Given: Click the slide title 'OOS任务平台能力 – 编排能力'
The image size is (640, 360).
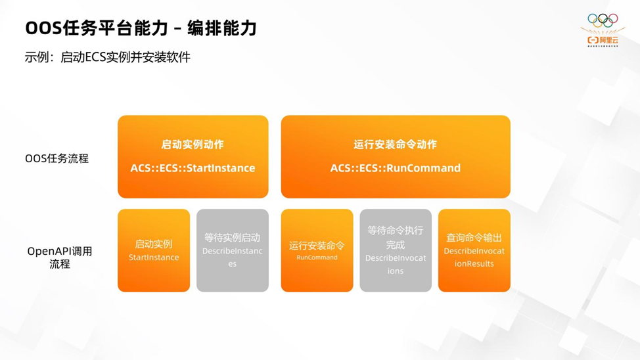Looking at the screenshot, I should pyautogui.click(x=141, y=28).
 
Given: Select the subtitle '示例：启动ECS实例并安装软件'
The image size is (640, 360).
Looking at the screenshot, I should pyautogui.click(x=108, y=57).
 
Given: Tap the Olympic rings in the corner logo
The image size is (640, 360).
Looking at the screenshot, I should pyautogui.click(x=603, y=20).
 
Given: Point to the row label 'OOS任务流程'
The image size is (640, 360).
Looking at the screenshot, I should pyautogui.click(x=57, y=158).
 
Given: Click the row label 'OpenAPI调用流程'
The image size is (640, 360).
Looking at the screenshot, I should pyautogui.click(x=60, y=258).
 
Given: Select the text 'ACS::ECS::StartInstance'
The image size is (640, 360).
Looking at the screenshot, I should pyautogui.click(x=193, y=168).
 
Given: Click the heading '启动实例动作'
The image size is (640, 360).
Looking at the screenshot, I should pyautogui.click(x=193, y=145).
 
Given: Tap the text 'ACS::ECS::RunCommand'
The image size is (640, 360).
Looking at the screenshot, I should pyautogui.click(x=395, y=168).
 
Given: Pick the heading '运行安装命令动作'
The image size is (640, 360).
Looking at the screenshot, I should pyautogui.click(x=395, y=145).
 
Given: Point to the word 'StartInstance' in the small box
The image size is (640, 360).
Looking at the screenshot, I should pyautogui.click(x=154, y=258).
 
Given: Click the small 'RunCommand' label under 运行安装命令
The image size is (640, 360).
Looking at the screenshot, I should pyautogui.click(x=317, y=258).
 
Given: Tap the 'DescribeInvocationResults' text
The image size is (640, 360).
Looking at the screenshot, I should pyautogui.click(x=474, y=258).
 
